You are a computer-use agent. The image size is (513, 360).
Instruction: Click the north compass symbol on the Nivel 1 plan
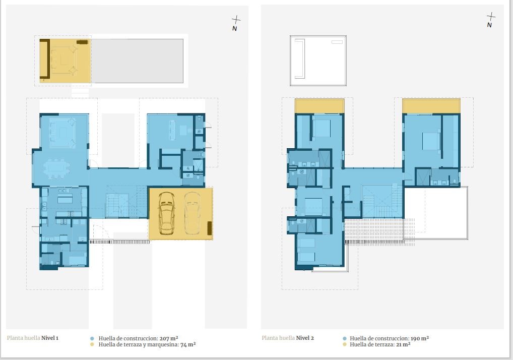click(235, 23)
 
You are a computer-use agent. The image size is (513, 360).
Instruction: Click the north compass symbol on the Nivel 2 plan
click(490, 20)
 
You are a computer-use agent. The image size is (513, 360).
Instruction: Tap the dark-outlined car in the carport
click(166, 213)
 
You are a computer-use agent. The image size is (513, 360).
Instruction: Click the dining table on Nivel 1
click(56, 168)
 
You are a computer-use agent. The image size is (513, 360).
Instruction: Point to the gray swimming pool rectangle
click(137, 61)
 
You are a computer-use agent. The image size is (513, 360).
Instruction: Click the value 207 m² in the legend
click(169, 338)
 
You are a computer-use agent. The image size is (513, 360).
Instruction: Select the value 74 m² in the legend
click(188, 344)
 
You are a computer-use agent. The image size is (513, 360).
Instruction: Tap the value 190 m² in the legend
click(420, 338)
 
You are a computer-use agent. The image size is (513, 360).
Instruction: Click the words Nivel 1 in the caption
click(50, 338)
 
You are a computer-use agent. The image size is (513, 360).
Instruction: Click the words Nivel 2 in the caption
click(305, 338)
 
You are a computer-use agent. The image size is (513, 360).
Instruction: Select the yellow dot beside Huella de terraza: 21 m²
click(345, 344)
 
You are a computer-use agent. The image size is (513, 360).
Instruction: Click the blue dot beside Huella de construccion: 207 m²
click(92, 339)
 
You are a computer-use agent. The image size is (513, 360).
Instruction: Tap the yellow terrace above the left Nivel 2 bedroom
click(319, 106)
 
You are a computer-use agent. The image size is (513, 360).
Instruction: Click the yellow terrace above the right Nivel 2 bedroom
click(431, 106)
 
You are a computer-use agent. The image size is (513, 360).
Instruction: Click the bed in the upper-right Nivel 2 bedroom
click(431, 141)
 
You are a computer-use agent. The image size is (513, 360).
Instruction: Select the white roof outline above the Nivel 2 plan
click(318, 61)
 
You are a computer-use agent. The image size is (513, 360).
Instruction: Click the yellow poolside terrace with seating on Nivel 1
click(65, 61)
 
